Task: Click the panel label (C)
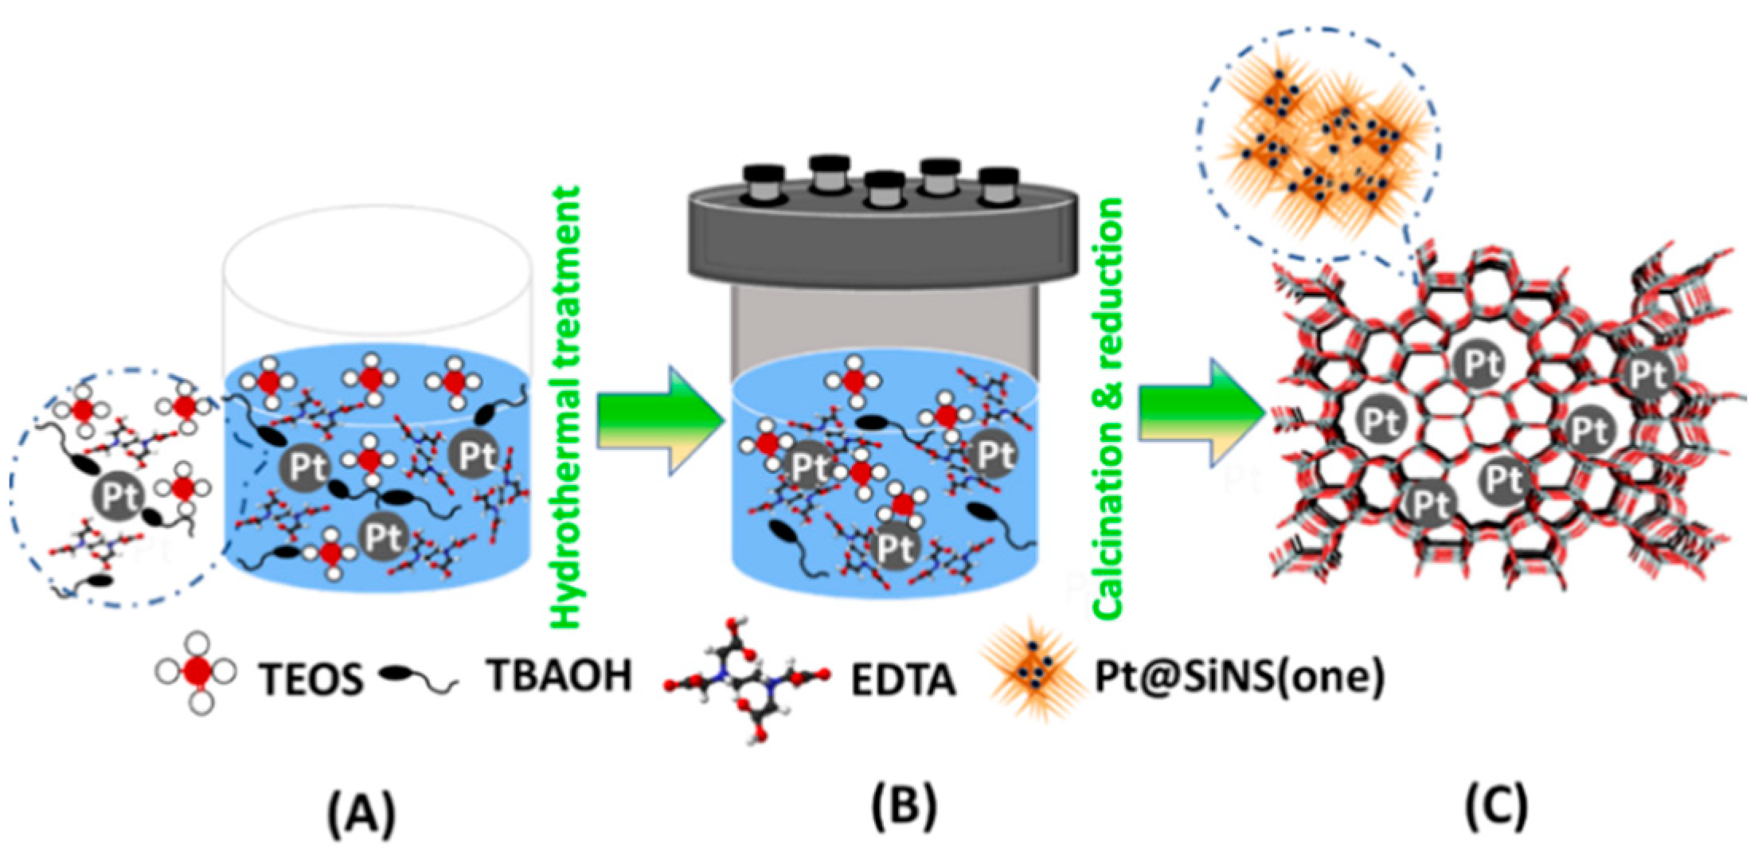coord(1496,806)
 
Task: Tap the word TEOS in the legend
coord(311,679)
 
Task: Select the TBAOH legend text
coord(560,675)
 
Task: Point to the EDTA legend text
coord(903,679)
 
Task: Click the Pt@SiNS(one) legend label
coord(1239,677)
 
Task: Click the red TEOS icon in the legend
coord(196,674)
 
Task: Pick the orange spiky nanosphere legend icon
coord(1033,672)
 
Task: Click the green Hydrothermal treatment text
coord(566,406)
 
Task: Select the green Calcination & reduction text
coord(1108,408)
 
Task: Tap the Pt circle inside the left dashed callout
coord(118,496)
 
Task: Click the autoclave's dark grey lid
coord(884,239)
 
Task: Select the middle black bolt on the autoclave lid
coord(884,188)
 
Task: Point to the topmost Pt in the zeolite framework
coord(1479,363)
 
